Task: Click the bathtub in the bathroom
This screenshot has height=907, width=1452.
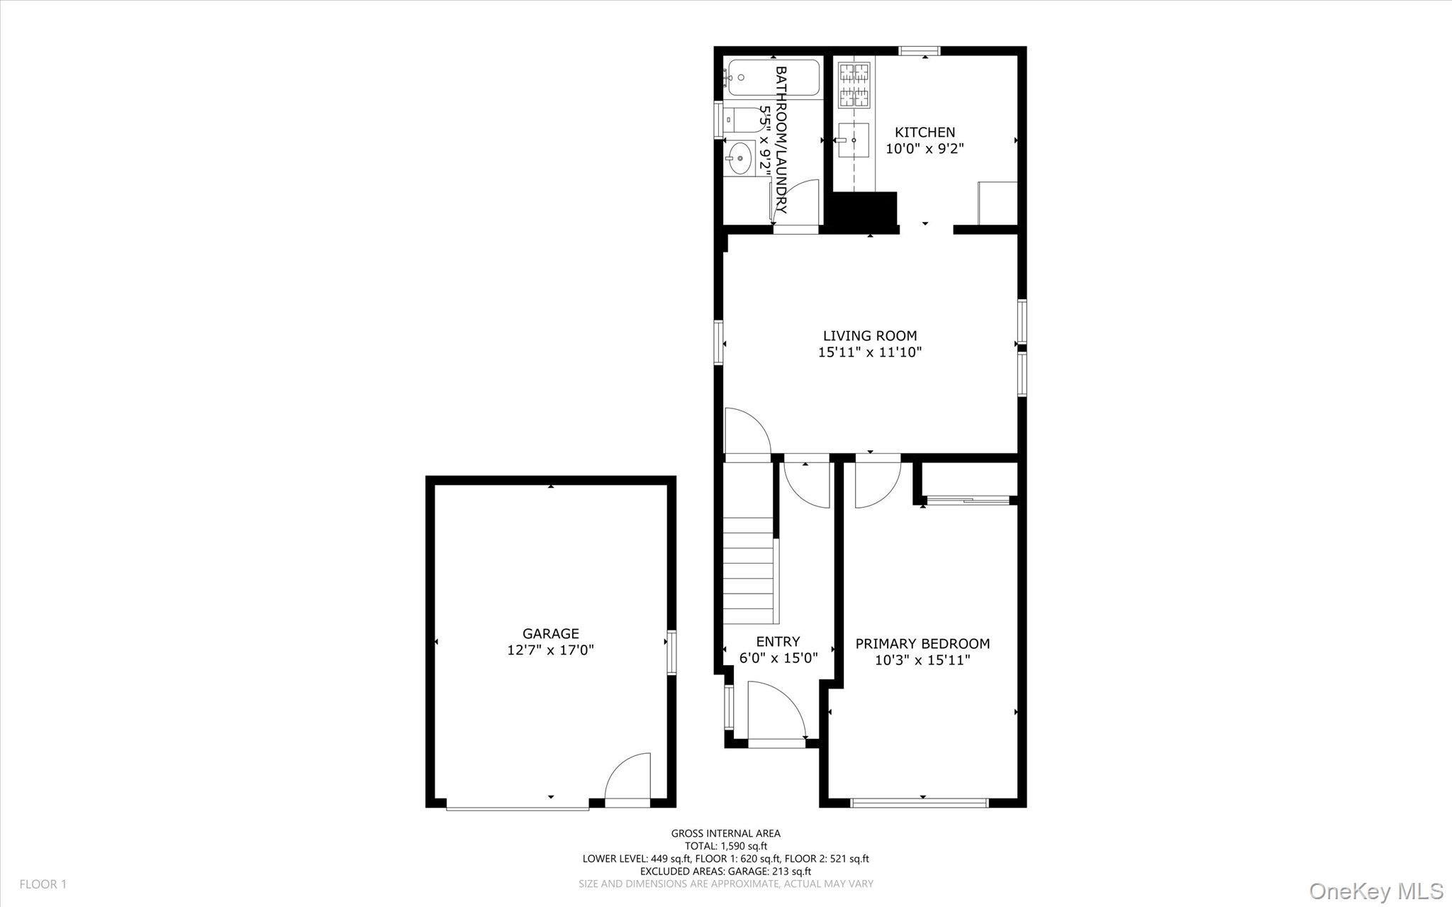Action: tap(773, 79)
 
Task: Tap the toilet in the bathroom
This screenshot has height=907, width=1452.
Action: tap(741, 120)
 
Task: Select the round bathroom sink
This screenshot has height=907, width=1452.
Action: tap(740, 157)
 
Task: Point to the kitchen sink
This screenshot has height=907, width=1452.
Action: tap(854, 140)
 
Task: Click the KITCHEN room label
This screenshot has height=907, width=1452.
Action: tap(925, 132)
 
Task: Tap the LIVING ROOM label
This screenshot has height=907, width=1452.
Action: tap(870, 335)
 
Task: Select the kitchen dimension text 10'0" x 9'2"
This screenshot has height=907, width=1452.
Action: tap(925, 149)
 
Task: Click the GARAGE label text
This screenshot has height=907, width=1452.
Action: tap(551, 633)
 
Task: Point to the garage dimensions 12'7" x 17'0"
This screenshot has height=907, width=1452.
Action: tap(551, 650)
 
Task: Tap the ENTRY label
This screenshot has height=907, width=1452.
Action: tap(778, 642)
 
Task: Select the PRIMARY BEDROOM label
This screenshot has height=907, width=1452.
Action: tap(922, 644)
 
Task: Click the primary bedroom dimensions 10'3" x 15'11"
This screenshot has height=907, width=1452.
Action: tap(922, 661)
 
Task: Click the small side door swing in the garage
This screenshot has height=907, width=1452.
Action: tap(627, 777)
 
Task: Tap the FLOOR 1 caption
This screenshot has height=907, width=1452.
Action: tap(43, 884)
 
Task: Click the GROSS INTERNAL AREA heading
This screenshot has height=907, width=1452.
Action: tap(726, 834)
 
